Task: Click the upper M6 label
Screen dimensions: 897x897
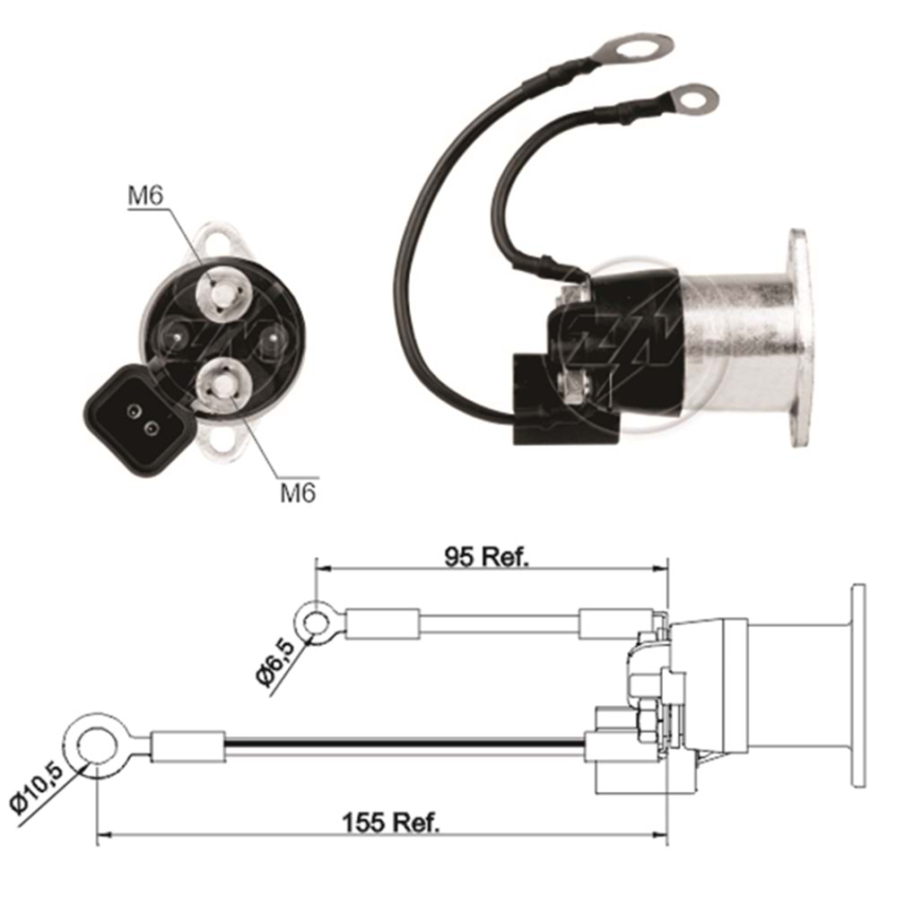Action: pyautogui.click(x=145, y=196)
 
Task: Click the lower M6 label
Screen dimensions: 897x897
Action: pyautogui.click(x=298, y=492)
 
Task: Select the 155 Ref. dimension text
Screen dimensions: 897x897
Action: pyautogui.click(x=392, y=823)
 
